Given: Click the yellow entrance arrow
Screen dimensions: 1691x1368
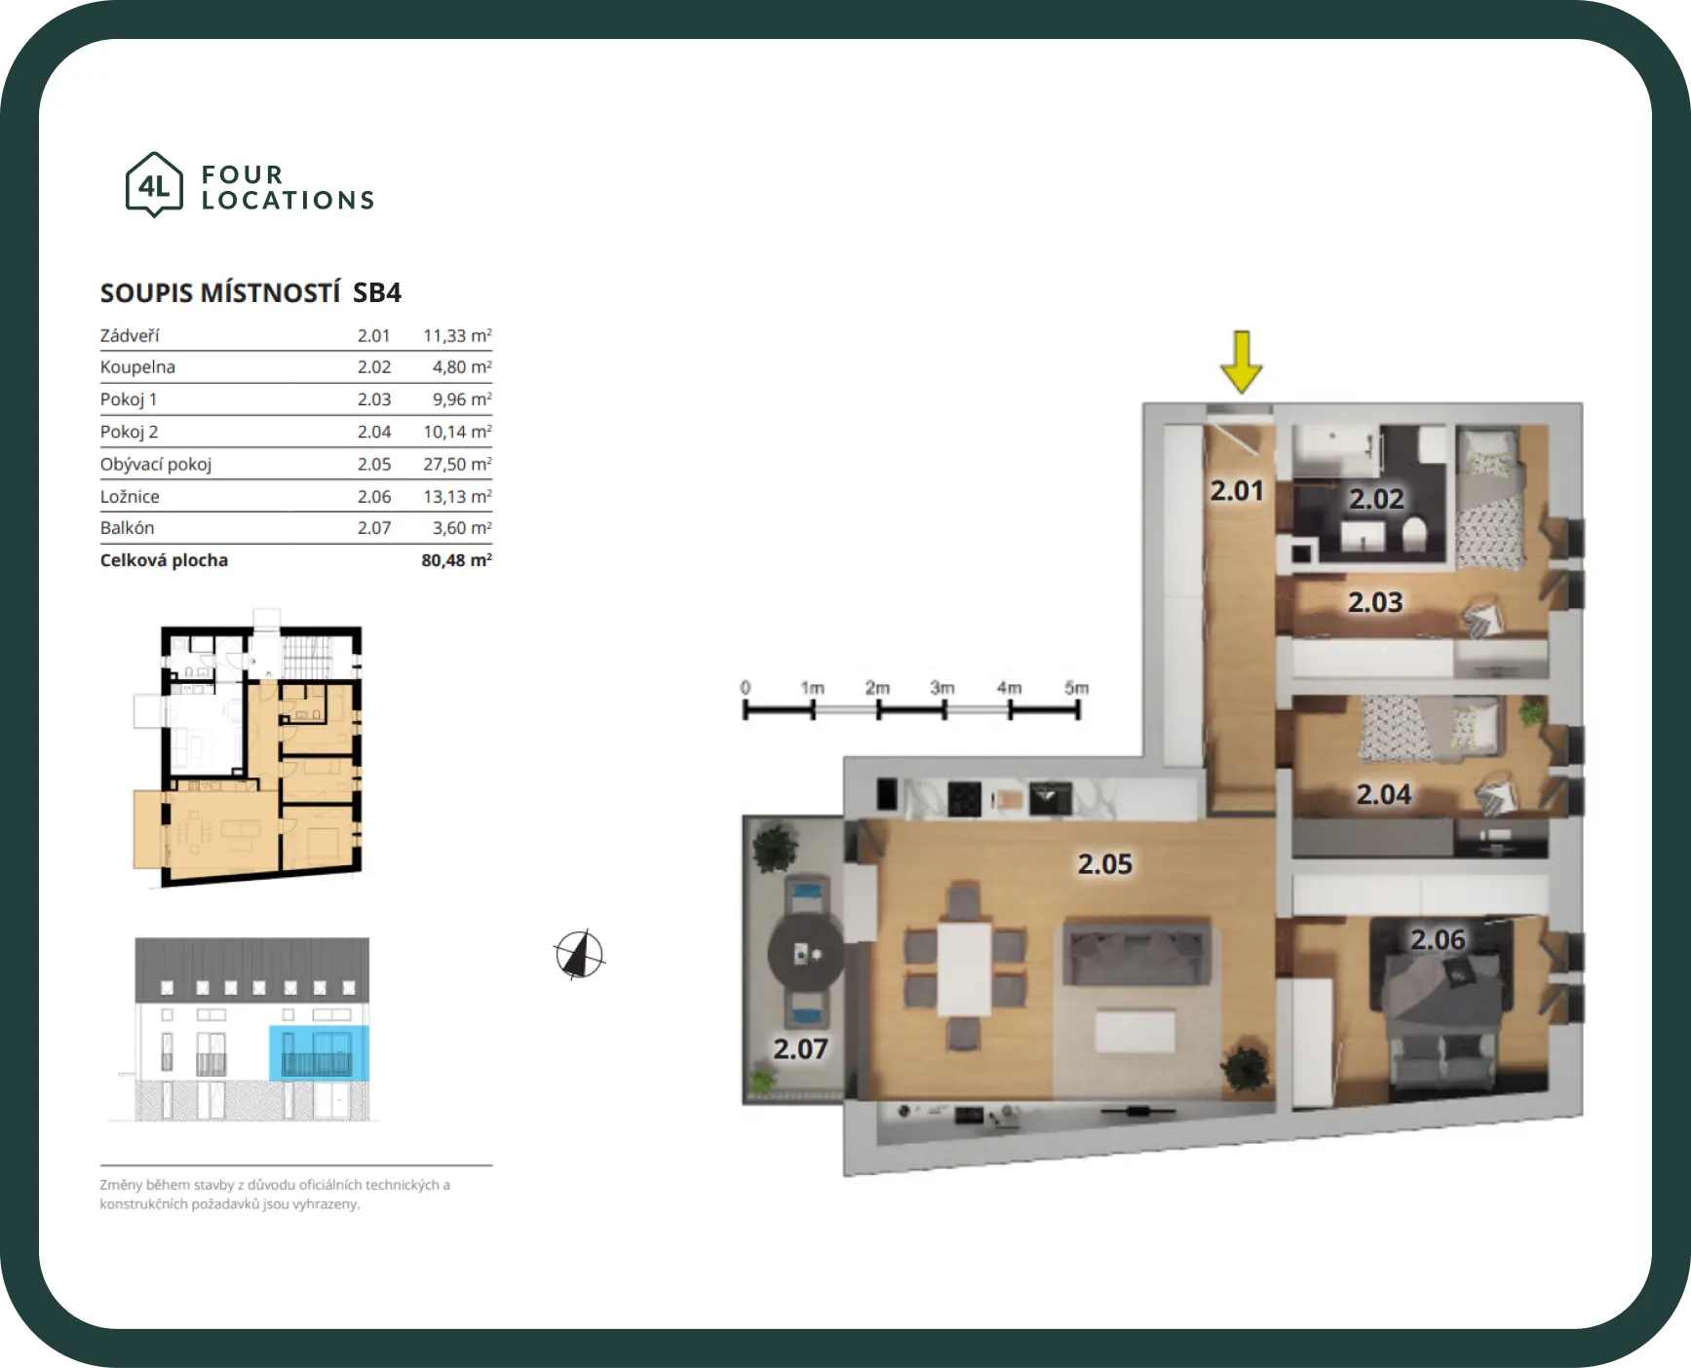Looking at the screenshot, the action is tap(1241, 361).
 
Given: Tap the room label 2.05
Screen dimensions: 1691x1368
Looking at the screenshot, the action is tap(1105, 864).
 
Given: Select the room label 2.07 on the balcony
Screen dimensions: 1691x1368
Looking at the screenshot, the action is tap(800, 1049).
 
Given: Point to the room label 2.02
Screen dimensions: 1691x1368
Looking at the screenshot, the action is tap(1376, 499).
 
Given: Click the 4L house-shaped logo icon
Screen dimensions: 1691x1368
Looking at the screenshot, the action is tap(154, 184).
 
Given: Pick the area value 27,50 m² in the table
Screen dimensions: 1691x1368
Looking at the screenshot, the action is tap(457, 464).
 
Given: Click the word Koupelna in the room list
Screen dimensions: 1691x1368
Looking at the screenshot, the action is tap(137, 367).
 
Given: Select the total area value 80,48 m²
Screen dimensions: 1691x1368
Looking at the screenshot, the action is tap(456, 560).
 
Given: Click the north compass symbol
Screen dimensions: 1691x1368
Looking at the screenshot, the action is tap(579, 954).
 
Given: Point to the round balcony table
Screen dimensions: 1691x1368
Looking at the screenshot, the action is tap(805, 952).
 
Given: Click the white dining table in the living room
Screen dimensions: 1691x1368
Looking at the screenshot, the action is tap(965, 969).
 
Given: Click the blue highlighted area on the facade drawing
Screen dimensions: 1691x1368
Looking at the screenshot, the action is tap(319, 1052).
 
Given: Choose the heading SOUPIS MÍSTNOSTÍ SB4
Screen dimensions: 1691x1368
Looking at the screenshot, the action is tap(250, 293).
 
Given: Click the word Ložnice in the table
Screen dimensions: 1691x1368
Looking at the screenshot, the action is tap(130, 496).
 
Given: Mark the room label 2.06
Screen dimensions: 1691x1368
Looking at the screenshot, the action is tap(1438, 940).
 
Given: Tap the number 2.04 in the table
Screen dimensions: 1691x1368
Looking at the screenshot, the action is tap(374, 432).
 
